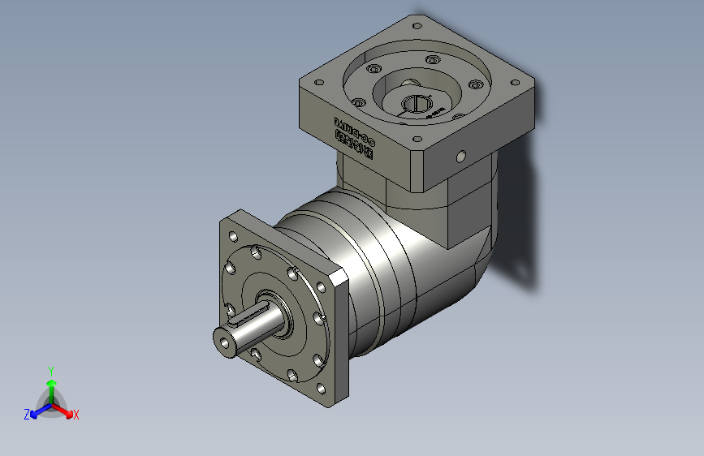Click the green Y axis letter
(50, 370)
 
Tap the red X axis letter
(76, 415)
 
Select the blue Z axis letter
(27, 415)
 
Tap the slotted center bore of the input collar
(416, 104)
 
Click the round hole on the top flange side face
(460, 155)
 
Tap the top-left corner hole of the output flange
(234, 236)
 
